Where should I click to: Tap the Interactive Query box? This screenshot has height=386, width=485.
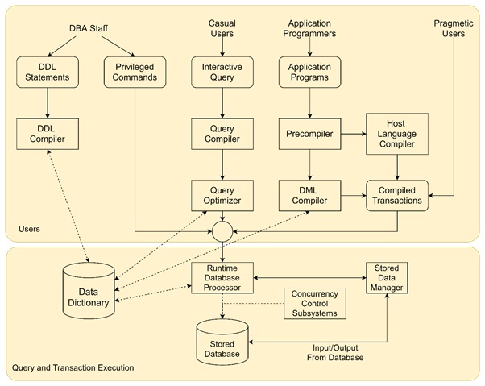click(x=222, y=73)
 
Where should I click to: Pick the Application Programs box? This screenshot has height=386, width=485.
click(x=309, y=73)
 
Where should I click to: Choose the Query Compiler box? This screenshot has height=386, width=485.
click(x=222, y=134)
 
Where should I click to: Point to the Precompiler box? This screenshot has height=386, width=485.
click(x=309, y=134)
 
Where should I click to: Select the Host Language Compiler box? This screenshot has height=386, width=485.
click(x=396, y=133)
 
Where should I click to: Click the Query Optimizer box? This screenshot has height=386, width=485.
click(x=222, y=194)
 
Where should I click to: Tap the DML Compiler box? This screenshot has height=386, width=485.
click(x=309, y=194)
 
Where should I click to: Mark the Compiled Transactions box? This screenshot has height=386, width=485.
click(x=396, y=194)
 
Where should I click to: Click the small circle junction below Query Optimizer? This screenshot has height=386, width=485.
click(x=222, y=231)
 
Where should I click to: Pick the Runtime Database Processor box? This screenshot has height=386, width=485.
click(x=222, y=277)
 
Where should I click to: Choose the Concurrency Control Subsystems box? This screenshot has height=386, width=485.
click(x=315, y=302)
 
